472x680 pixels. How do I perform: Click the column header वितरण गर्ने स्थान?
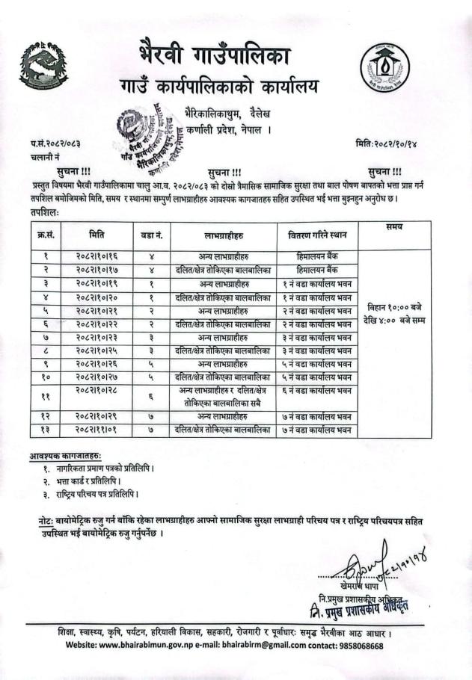pos(317,235)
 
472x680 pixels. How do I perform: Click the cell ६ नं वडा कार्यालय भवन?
pos(317,390)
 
